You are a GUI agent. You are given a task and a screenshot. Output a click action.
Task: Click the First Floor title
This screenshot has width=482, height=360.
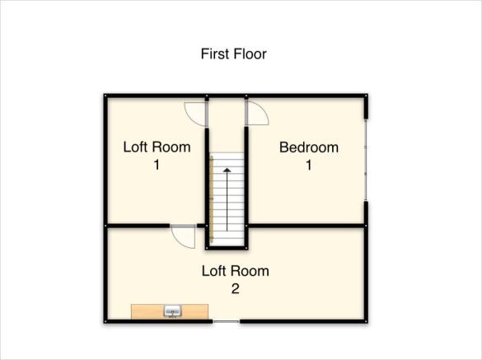pyautogui.click(x=234, y=54)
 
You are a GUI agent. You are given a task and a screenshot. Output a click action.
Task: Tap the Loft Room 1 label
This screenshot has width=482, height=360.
pyautogui.click(x=157, y=156)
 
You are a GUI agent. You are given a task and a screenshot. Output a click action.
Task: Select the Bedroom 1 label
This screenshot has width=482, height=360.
pyautogui.click(x=309, y=156)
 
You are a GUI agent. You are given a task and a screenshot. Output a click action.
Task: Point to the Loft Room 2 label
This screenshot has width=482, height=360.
pyautogui.click(x=235, y=279)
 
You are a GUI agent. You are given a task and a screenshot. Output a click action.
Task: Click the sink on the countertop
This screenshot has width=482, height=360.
pyautogui.click(x=173, y=311)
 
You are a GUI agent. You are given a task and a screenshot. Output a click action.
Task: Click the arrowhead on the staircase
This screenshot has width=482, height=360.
pyautogui.click(x=227, y=170)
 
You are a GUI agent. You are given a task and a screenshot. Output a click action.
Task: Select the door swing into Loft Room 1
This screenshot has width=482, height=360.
pyautogui.click(x=195, y=114)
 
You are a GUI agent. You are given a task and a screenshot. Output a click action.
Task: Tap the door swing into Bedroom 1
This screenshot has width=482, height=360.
pyautogui.click(x=258, y=114)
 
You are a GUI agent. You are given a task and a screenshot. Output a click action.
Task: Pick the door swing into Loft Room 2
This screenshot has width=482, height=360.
pyautogui.click(x=183, y=236)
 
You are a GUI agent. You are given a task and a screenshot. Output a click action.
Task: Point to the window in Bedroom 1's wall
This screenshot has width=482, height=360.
pyautogui.click(x=366, y=160)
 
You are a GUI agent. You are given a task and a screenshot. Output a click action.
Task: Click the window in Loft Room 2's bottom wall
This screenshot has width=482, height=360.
pyautogui.click(x=227, y=321)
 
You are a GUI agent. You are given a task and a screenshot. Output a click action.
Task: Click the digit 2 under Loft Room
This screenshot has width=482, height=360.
pyautogui.click(x=235, y=288)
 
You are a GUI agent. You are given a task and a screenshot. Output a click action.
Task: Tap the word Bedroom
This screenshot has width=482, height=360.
pyautogui.click(x=309, y=147)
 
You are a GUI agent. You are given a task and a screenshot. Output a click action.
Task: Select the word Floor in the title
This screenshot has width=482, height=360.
pyautogui.click(x=250, y=54)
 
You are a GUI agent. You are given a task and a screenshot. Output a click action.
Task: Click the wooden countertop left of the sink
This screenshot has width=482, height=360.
pyautogui.click(x=147, y=311)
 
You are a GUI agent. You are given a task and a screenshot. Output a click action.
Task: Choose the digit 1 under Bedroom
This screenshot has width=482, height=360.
pyautogui.click(x=309, y=166)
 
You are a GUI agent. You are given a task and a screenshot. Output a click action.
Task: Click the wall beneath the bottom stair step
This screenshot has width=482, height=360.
pyautogui.click(x=227, y=248)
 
